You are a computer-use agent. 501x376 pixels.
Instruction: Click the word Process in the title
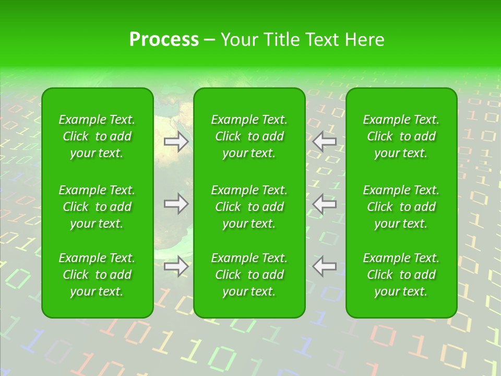(164, 40)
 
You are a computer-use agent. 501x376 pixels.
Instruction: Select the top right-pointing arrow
(176, 141)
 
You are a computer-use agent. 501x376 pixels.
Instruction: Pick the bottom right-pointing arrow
(176, 266)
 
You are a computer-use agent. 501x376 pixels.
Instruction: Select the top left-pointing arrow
(325, 141)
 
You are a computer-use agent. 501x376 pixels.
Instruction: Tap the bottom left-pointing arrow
(325, 266)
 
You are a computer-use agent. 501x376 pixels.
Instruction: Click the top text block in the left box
(97, 136)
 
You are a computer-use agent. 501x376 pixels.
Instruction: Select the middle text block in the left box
(97, 207)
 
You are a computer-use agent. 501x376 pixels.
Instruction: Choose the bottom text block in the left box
(97, 275)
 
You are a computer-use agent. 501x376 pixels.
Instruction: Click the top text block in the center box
(249, 136)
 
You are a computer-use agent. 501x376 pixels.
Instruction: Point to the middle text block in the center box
(249, 207)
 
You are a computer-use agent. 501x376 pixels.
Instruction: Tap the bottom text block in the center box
(249, 275)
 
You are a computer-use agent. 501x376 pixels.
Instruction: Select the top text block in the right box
(401, 136)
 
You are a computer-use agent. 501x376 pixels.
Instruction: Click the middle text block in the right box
(401, 207)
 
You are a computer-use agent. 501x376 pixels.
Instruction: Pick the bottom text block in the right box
(401, 275)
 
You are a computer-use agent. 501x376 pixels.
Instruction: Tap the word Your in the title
(238, 40)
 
